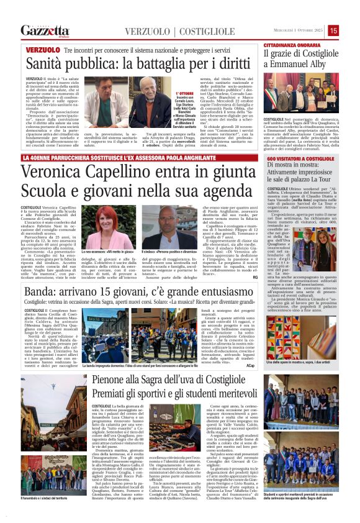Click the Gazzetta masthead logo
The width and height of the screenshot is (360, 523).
pyautogui.click(x=45, y=30)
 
